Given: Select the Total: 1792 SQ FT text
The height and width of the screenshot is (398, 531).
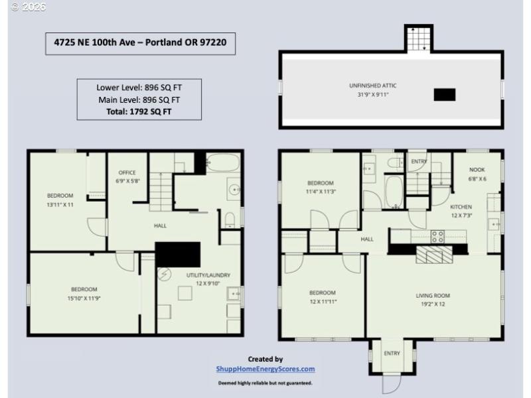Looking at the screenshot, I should [x=139, y=111].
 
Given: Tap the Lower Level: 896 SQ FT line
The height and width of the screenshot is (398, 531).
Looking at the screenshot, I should [x=139, y=87].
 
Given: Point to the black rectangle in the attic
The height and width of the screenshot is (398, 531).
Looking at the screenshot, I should [x=444, y=95].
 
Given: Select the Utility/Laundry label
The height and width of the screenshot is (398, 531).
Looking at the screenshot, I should [x=194, y=274].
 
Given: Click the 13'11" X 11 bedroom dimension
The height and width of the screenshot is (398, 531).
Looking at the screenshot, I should [x=60, y=205].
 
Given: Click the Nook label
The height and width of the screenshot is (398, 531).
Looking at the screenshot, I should [x=477, y=170].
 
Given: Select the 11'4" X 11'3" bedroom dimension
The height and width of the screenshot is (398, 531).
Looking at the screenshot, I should [x=320, y=192].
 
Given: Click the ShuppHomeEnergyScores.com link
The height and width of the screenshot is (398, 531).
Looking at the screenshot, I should [x=265, y=369].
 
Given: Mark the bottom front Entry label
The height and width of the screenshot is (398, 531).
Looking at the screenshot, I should [x=392, y=354].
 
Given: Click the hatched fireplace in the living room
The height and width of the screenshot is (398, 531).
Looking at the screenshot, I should [x=433, y=255].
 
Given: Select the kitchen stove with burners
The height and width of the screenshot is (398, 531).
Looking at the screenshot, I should [x=438, y=235].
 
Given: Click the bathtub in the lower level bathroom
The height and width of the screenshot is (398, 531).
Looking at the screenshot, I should [x=217, y=163].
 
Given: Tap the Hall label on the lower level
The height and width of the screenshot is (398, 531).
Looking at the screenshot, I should [x=160, y=226].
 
